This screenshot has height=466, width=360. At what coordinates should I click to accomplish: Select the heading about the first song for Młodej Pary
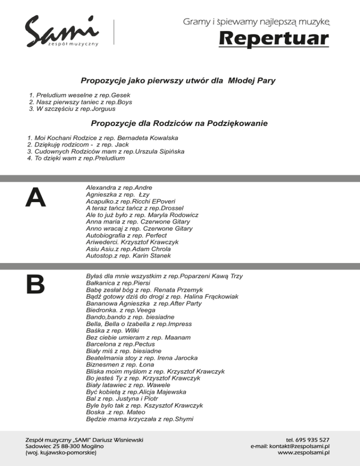pyautogui.click(x=178, y=81)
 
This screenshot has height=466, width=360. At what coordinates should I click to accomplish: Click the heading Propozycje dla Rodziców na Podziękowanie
pyautogui.click(x=179, y=124)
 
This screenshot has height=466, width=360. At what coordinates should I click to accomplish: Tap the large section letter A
pyautogui.click(x=36, y=197)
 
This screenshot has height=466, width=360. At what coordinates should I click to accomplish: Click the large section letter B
pyautogui.click(x=36, y=284)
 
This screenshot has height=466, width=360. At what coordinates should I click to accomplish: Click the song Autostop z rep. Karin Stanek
pyautogui.click(x=128, y=256)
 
